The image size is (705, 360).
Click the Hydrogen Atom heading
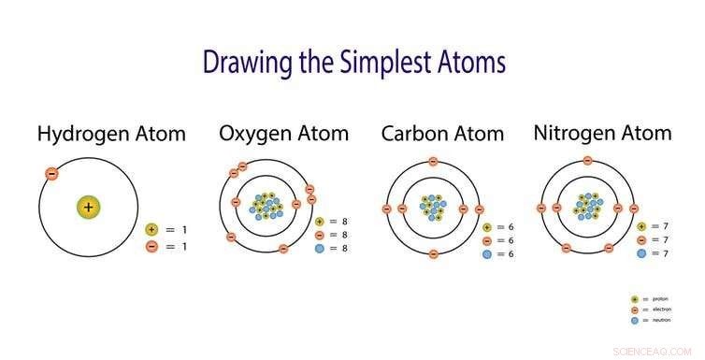click(111, 133)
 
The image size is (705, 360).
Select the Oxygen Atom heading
click(283, 133)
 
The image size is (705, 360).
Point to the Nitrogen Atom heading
click(602, 133)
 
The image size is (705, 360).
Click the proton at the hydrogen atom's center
click(88, 208)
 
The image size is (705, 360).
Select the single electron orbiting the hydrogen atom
click(51, 174)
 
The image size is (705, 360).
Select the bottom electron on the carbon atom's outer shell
click(432, 253)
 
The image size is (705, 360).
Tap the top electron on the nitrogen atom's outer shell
click(587, 161)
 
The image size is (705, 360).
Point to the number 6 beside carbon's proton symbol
click(512, 227)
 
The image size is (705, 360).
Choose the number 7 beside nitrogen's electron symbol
click(667, 240)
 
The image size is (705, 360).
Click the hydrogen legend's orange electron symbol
click(151, 246)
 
